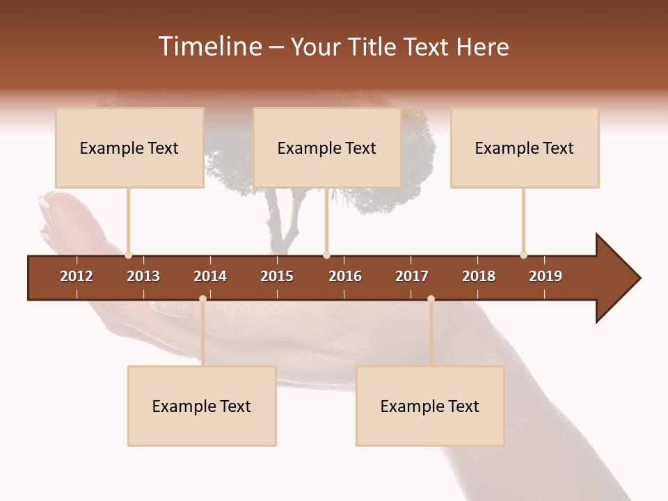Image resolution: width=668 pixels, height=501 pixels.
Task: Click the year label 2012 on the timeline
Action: [x=77, y=276]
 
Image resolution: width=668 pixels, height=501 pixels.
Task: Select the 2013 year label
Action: [x=143, y=276]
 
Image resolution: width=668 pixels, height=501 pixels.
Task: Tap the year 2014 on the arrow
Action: [x=210, y=276]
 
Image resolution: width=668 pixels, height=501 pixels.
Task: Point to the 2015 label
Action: [x=277, y=276]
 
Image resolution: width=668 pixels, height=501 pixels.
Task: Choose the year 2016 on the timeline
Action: [x=345, y=276]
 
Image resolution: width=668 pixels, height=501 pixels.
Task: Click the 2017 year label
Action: [x=412, y=276]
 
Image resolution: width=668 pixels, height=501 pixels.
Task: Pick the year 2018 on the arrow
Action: [x=479, y=276]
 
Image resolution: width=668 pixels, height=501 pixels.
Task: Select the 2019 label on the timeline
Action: [x=546, y=276]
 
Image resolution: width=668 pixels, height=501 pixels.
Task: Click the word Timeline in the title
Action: [x=209, y=47]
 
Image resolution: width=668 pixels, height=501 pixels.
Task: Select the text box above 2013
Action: [x=129, y=148]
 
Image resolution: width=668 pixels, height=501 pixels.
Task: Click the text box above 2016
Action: [x=327, y=148]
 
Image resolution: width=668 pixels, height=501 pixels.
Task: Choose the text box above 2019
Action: [x=525, y=148]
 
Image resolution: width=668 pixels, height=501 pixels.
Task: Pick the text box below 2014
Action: [x=202, y=406]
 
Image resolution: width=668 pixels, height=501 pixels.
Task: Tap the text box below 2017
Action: [x=430, y=406]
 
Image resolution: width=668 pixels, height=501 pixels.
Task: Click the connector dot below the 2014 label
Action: [x=202, y=299]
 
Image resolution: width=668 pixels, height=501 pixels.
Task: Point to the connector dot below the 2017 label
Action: [x=431, y=299]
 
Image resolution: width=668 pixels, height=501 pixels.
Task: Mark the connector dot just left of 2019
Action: [x=523, y=255]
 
